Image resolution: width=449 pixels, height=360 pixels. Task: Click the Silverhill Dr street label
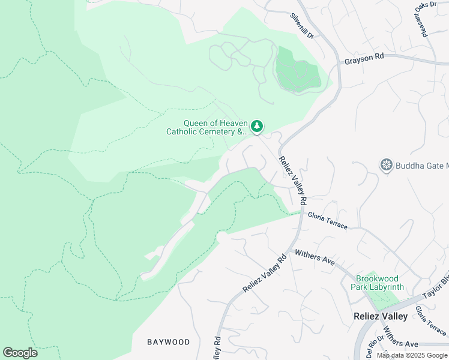point(302,26)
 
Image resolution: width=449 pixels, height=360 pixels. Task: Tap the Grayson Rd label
point(364,61)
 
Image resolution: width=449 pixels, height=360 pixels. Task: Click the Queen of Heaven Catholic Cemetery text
point(206,128)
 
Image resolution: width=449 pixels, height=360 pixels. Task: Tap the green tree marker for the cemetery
point(257,125)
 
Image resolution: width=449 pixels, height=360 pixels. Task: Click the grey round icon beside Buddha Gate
point(387,164)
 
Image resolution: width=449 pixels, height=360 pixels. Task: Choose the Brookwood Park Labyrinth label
point(376,283)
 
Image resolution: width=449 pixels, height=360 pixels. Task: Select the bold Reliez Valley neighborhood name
point(380,316)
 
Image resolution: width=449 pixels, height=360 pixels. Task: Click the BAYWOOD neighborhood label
point(169,342)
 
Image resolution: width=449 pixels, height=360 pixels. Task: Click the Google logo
point(20,353)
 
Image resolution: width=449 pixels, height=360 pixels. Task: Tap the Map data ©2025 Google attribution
point(412,355)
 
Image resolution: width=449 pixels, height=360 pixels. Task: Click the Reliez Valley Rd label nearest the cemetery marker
point(292,178)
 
